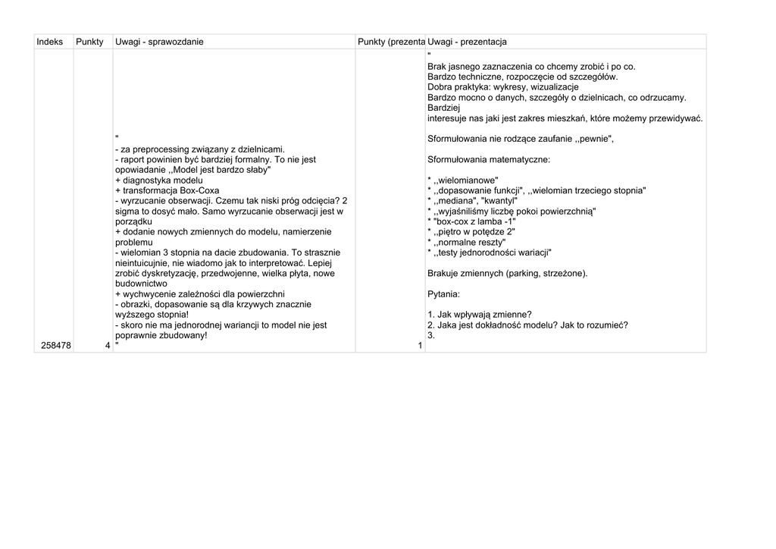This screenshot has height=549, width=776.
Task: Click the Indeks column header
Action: click(49, 42)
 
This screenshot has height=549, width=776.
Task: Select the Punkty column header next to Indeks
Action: click(89, 42)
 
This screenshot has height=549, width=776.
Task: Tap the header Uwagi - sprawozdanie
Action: click(159, 42)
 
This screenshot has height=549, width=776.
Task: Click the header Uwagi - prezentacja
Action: click(467, 42)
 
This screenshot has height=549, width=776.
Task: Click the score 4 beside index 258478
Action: click(108, 346)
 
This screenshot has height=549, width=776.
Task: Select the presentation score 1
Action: click(420, 347)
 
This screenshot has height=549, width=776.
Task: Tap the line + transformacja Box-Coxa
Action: click(167, 191)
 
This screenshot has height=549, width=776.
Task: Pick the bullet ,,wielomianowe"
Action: click(463, 180)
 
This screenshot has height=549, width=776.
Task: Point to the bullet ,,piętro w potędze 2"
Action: click(471, 231)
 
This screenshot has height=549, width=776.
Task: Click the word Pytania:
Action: click(444, 293)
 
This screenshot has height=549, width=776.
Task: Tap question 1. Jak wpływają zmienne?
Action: click(479, 315)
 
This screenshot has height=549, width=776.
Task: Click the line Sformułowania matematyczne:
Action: click(489, 159)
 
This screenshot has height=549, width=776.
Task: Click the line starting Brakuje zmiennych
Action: click(507, 273)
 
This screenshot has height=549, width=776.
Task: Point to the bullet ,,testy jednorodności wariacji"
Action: click(490, 252)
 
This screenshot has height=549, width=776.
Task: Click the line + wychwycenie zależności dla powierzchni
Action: click(200, 293)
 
